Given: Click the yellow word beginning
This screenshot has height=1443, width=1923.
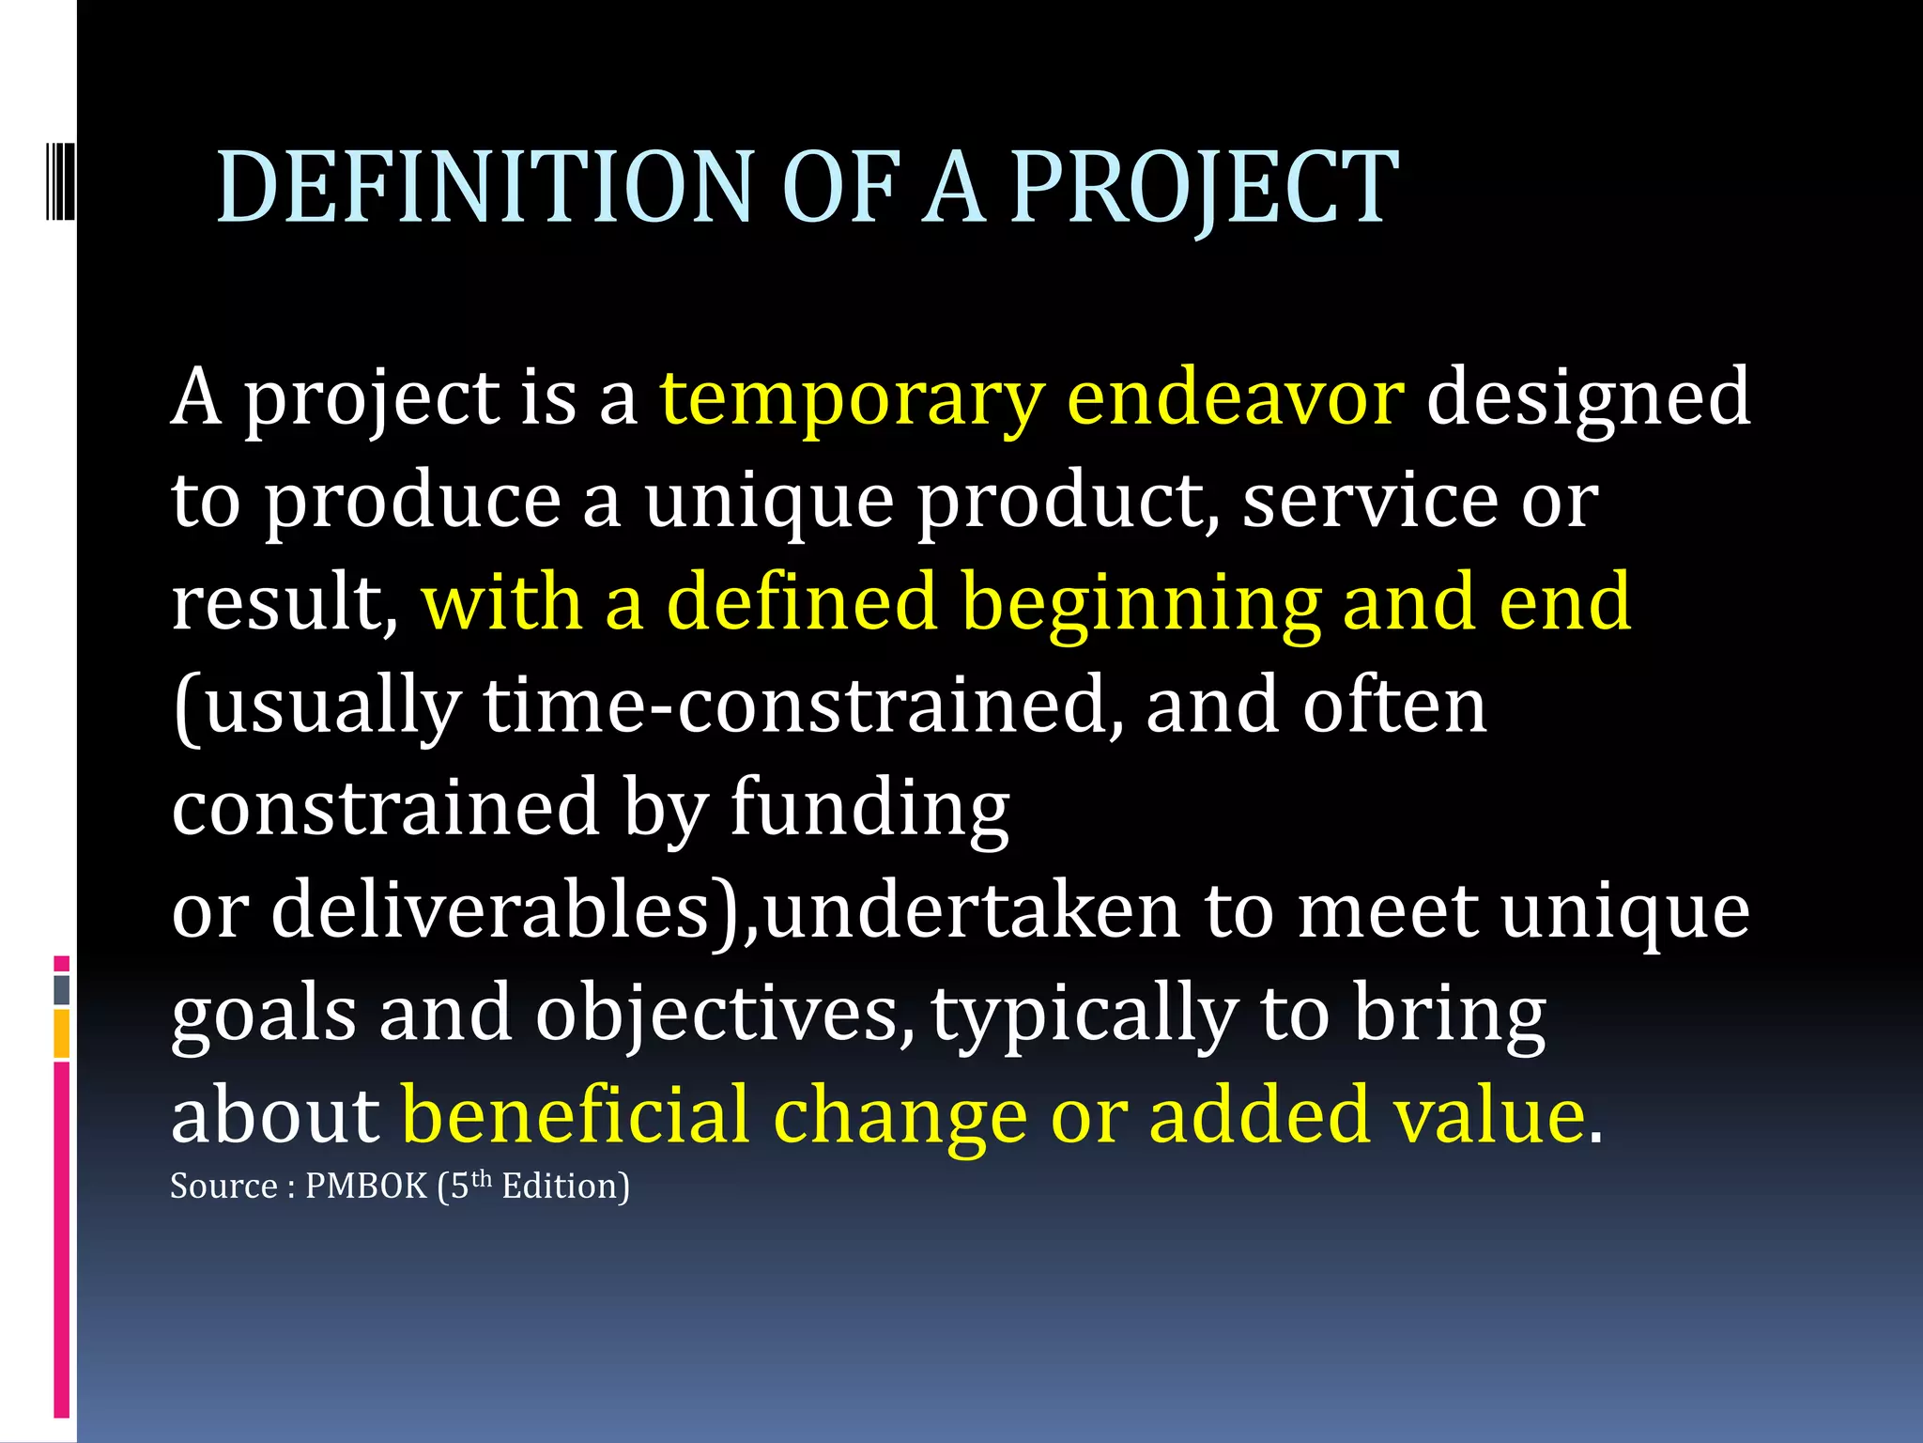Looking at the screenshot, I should (1140, 602).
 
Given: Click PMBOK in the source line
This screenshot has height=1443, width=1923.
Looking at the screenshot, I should (366, 1187).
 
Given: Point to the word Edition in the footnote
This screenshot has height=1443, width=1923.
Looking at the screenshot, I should (564, 1187).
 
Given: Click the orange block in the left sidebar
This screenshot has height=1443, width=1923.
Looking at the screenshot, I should (61, 1033).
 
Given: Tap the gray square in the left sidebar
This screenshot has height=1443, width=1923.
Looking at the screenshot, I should (61, 989).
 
